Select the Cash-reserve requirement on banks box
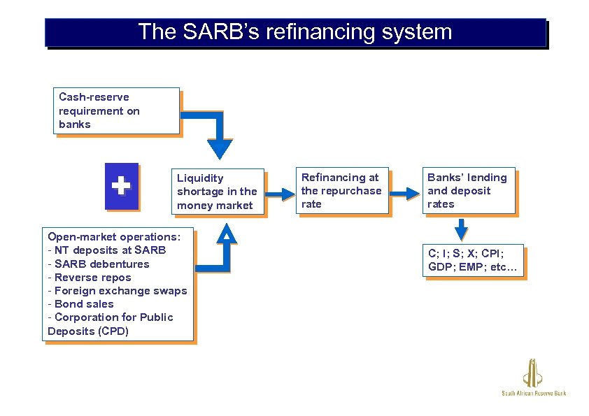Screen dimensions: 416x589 tap(117, 110)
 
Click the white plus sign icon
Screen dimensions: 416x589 tap(121, 186)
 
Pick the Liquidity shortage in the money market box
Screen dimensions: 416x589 tap(218, 192)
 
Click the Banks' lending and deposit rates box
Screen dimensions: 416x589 tap(469, 190)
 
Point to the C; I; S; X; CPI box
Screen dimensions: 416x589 tap(474, 260)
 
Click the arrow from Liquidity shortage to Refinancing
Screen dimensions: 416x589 tap(283, 194)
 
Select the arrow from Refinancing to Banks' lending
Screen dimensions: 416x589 tap(404, 194)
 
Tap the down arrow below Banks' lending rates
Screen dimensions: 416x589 tap(460, 229)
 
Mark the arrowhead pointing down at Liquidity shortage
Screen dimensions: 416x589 tap(220, 148)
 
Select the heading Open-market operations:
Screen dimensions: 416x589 tap(114, 236)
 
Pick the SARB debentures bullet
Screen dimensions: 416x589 tap(99, 264)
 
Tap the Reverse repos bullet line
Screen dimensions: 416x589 tap(90, 277)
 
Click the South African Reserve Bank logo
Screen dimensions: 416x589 tap(534, 378)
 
